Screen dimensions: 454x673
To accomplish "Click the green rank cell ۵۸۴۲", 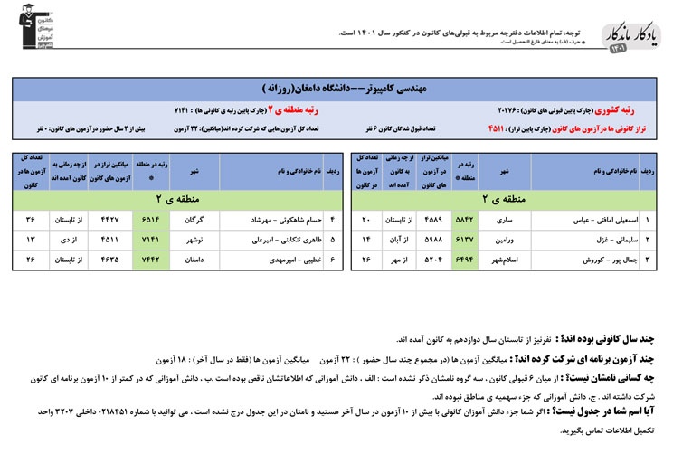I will point(464,220).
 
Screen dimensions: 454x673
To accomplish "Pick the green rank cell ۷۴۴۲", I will point(150,260).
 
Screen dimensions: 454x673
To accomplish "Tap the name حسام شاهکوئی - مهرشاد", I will point(270,220).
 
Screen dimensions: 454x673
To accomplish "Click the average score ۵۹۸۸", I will point(431,240).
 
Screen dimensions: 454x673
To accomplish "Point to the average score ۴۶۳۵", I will point(109,260).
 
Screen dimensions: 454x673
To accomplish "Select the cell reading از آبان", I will point(395,240).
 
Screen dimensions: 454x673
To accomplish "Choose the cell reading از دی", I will point(71,240).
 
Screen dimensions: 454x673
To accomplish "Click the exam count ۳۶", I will point(30,220).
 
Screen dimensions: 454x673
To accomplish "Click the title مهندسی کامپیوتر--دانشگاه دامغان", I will point(336,90).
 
